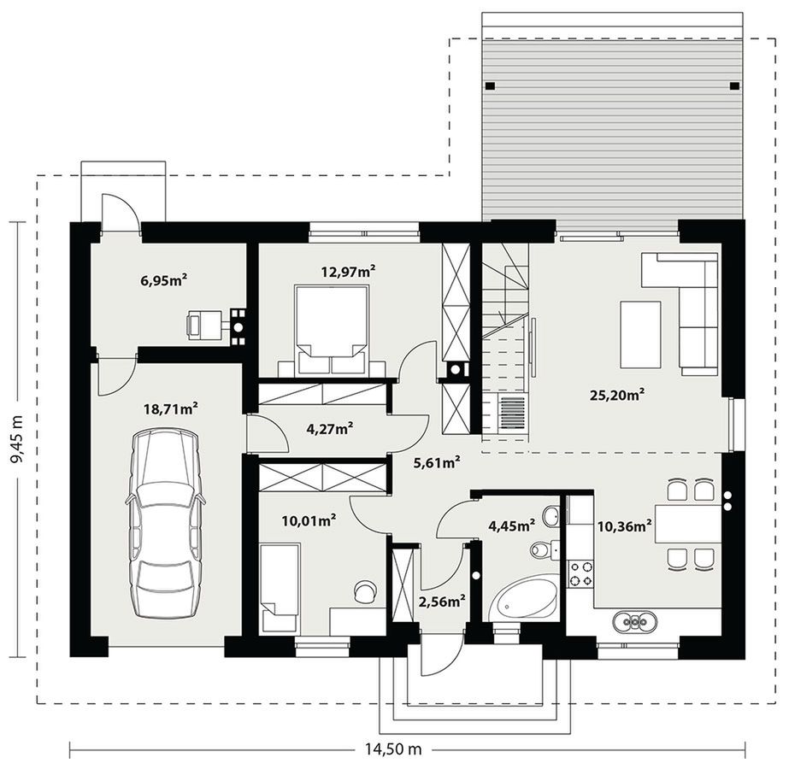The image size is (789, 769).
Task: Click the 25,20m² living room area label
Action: coord(617,395)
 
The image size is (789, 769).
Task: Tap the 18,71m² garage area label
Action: coord(171,409)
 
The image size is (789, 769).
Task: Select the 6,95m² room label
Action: coord(164,280)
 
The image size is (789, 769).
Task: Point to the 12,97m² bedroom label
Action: coord(348,272)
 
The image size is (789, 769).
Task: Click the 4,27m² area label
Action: coord(330,429)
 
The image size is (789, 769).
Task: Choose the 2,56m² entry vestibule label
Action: coord(442,602)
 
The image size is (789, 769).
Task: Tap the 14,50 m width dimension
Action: coord(393,749)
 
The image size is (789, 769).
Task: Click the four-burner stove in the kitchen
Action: coord(580,574)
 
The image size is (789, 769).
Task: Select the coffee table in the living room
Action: coord(640,335)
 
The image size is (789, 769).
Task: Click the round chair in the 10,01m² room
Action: coord(365,590)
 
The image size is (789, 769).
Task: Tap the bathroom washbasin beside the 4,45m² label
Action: coord(551,517)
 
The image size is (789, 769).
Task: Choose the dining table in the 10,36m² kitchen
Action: coord(688,524)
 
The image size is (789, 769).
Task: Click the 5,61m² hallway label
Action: coord(437,463)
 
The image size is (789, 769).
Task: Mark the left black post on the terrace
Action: coord(490,86)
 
